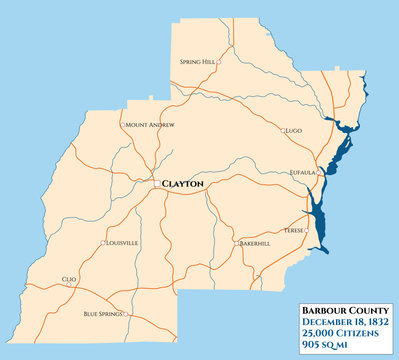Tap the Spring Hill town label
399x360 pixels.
point(197,62)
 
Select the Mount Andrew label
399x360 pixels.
point(150,124)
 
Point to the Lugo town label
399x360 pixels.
point(293,131)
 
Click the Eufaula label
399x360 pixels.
point(301,172)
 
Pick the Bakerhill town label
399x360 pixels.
point(255,243)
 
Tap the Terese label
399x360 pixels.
point(294,229)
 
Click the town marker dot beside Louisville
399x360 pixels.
point(104,243)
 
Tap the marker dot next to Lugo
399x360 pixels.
point(282,131)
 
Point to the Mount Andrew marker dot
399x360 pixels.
point(122,125)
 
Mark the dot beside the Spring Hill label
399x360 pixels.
point(219,62)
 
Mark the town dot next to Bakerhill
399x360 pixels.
point(238,243)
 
